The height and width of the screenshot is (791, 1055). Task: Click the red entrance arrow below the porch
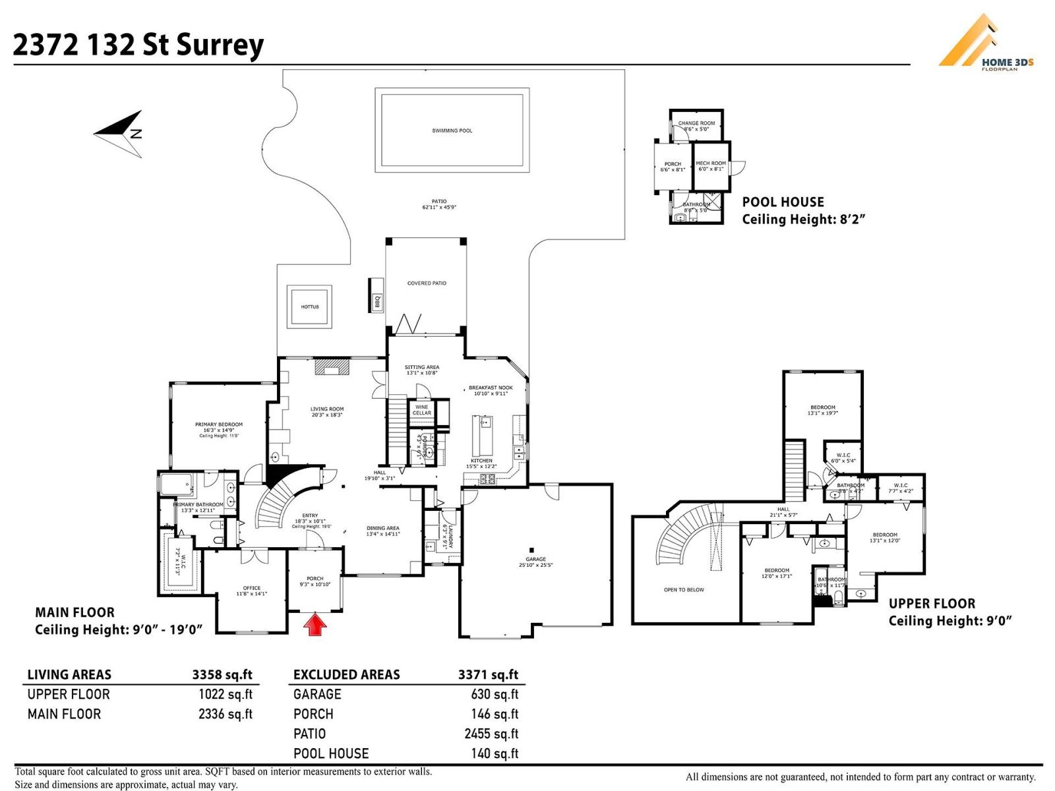click(x=315, y=624)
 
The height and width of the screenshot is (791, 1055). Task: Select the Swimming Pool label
click(x=452, y=131)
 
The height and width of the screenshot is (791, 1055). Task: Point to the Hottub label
click(x=309, y=307)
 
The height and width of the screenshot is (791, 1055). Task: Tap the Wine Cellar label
click(x=422, y=410)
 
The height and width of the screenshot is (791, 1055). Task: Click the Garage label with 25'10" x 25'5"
click(x=535, y=562)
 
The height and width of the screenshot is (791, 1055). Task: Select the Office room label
click(x=251, y=591)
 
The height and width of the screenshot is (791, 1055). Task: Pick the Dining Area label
click(x=383, y=531)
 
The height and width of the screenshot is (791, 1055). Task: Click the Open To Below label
click(x=684, y=590)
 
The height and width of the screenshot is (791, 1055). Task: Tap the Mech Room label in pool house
click(x=711, y=165)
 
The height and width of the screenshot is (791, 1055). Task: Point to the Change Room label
click(x=696, y=126)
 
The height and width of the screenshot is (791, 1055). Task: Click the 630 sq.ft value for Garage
click(x=494, y=694)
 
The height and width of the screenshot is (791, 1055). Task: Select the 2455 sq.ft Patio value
click(x=491, y=734)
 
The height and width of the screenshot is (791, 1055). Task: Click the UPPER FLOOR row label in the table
click(x=69, y=694)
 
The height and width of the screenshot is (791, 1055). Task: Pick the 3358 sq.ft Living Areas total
click(x=222, y=674)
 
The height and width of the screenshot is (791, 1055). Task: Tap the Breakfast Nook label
click(x=491, y=390)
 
